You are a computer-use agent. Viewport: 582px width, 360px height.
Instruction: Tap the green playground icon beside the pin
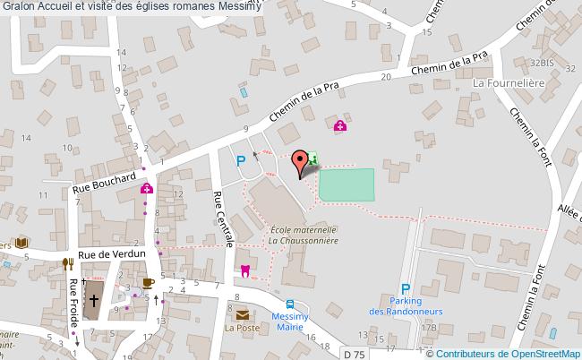313,159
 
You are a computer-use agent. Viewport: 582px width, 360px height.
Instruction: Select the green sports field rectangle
347,184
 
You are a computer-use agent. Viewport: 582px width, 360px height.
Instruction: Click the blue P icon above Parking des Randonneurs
406,289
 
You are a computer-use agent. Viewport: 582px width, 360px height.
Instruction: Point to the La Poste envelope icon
242,314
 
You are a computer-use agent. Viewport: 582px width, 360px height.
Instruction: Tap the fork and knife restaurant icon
67,263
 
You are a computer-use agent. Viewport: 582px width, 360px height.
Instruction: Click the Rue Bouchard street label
104,182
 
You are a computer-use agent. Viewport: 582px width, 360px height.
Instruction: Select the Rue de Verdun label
111,255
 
